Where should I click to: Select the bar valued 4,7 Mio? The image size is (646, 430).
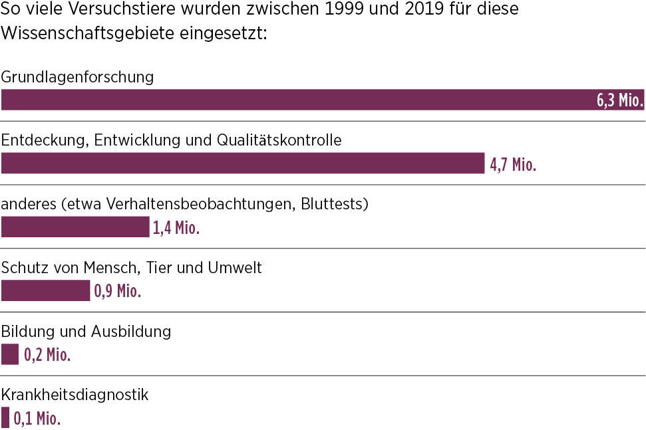pyautogui.click(x=243, y=163)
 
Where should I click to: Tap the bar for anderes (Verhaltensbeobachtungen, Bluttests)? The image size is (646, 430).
pyautogui.click(x=75, y=227)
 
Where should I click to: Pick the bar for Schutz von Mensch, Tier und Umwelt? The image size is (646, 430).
pyautogui.click(x=45, y=290)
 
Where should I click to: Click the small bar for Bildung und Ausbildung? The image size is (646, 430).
pyautogui.click(x=10, y=354)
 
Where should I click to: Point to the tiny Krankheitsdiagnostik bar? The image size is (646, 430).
pyautogui.click(x=5, y=418)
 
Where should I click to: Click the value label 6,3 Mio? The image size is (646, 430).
pyautogui.click(x=619, y=100)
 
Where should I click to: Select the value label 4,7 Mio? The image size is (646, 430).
pyautogui.click(x=513, y=164)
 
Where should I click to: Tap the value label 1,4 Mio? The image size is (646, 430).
pyautogui.click(x=176, y=228)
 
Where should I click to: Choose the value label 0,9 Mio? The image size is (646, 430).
pyautogui.click(x=118, y=291)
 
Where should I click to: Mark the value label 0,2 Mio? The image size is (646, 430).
pyautogui.click(x=47, y=355)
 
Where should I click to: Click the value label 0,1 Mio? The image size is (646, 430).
pyautogui.click(x=37, y=419)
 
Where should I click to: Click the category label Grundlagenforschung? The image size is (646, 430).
pyautogui.click(x=77, y=77)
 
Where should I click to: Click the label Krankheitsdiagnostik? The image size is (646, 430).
pyautogui.click(x=75, y=395)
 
